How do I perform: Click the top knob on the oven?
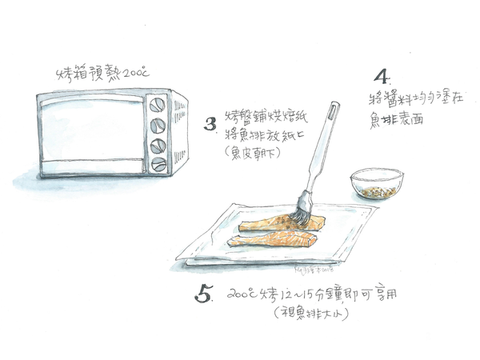(x=158, y=105)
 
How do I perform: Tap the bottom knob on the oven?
(x=158, y=165)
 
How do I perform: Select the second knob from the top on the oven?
(x=158, y=125)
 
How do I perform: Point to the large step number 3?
(x=210, y=124)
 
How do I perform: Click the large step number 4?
(x=382, y=78)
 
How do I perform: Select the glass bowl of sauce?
(x=375, y=185)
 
